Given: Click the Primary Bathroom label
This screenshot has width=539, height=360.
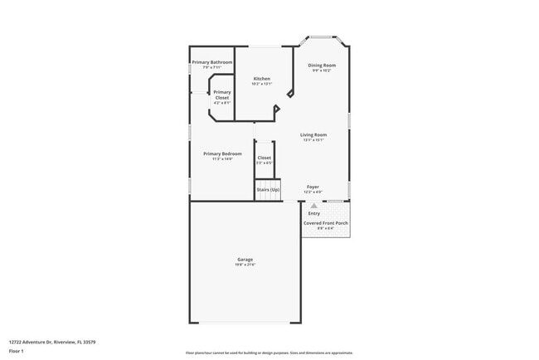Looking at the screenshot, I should pyautogui.click(x=211, y=62).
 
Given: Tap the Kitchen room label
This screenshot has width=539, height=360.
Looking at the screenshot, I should pyautogui.click(x=262, y=79).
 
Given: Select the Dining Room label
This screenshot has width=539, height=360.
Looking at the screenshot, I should pyautogui.click(x=322, y=66).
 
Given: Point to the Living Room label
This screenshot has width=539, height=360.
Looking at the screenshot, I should pyautogui.click(x=313, y=134).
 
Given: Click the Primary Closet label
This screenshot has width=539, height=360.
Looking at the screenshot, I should pyautogui.click(x=221, y=95).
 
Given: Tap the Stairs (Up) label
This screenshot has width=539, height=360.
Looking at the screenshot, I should pyautogui.click(x=268, y=190).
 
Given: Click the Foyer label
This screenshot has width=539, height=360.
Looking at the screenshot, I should pyautogui.click(x=313, y=187).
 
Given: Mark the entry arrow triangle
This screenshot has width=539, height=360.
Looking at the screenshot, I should pyautogui.click(x=313, y=205).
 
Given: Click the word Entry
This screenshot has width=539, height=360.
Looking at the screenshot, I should pyautogui.click(x=313, y=213).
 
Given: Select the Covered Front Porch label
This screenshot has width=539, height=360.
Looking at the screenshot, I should pyautogui.click(x=325, y=223).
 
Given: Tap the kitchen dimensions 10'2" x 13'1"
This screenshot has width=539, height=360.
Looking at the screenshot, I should pyautogui.click(x=262, y=84).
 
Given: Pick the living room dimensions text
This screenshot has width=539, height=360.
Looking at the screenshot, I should pyautogui.click(x=313, y=139).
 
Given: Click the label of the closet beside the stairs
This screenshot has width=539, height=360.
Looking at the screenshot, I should pyautogui.click(x=264, y=158).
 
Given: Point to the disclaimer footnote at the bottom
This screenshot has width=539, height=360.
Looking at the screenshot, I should pyautogui.click(x=269, y=353).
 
